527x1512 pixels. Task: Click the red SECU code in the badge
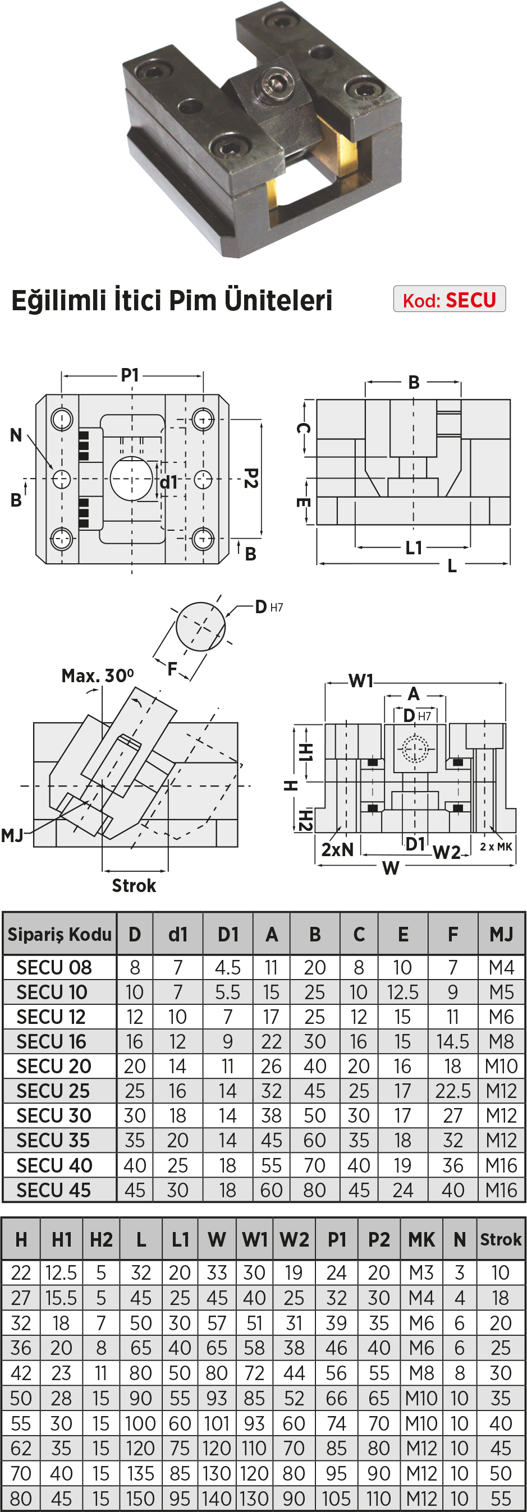point(471,300)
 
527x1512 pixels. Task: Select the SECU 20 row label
point(53,1065)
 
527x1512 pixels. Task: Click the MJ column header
point(501,934)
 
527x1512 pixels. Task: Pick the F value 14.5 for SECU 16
point(452,1041)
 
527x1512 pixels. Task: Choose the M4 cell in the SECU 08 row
point(501,967)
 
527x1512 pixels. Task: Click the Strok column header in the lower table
point(501,1239)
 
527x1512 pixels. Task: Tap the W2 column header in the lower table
point(294,1239)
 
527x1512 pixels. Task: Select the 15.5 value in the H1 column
point(61,1298)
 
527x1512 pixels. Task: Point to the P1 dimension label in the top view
point(130,374)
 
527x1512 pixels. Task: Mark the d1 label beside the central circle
point(168,482)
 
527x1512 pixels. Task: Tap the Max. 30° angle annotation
point(98,675)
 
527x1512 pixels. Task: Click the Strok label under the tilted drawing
point(134,885)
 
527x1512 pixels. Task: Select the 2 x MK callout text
point(496,847)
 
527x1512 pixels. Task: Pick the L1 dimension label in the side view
point(414,548)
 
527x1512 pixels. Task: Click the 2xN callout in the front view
point(337,849)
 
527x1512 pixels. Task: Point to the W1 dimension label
point(361,681)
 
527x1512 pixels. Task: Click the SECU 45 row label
point(53,1190)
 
